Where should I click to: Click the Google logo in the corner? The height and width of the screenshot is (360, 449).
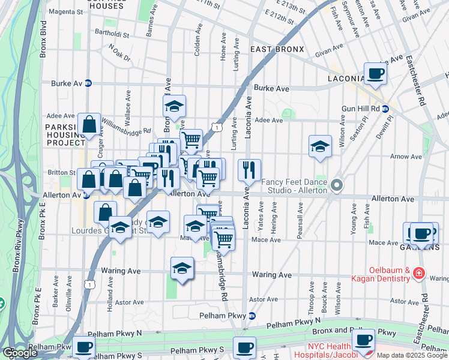click(20, 353)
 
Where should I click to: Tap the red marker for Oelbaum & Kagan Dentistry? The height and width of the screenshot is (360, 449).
click(418, 274)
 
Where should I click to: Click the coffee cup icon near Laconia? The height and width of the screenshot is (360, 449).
click(375, 73)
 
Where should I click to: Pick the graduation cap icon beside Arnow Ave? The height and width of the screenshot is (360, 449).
click(320, 146)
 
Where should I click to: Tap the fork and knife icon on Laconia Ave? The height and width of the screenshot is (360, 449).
click(249, 170)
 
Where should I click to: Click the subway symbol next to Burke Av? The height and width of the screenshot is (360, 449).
click(88, 83)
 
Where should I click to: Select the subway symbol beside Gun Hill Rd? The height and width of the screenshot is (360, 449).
click(385, 109)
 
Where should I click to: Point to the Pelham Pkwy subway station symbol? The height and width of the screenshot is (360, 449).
click(252, 316)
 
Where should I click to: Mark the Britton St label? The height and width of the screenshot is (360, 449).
click(62, 172)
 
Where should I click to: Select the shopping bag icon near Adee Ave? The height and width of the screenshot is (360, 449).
click(89, 125)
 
